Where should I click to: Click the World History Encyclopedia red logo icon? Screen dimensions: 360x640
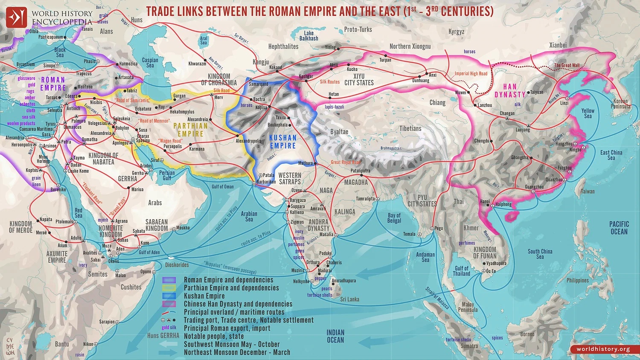16,17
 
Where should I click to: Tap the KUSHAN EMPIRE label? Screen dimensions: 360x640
282,142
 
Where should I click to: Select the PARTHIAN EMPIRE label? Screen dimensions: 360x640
190,130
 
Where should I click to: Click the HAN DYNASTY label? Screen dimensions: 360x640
510,90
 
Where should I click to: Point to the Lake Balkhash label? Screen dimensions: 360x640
308,36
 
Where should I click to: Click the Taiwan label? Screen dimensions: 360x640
587,192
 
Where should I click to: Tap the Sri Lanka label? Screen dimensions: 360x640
349,299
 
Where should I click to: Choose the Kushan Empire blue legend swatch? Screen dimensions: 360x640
169,296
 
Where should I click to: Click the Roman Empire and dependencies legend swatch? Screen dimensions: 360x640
169,280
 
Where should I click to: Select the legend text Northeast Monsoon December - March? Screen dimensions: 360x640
237,352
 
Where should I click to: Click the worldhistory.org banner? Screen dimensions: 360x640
603,349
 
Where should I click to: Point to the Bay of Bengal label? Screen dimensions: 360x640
394,218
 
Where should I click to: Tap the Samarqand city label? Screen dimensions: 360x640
259,84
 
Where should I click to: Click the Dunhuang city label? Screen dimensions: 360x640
421,81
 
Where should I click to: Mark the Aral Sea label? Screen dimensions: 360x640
204,41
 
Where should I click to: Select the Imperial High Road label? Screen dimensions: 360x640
471,74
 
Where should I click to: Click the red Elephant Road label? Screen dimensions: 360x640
92,193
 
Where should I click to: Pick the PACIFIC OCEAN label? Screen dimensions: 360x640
619,228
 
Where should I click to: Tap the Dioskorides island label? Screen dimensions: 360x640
177,265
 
